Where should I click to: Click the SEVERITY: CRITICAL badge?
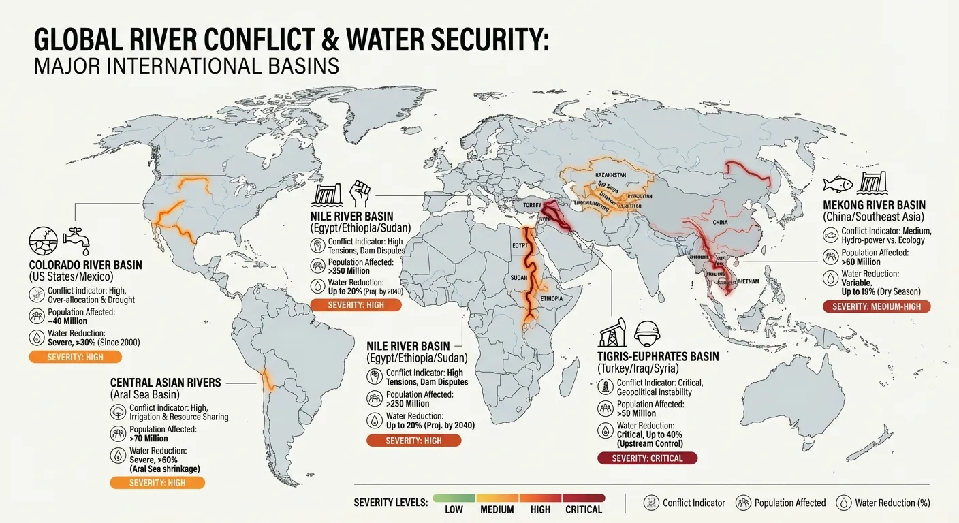click(647, 458)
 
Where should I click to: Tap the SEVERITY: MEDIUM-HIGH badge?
click(876, 306)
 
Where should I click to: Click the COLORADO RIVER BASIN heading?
click(86, 265)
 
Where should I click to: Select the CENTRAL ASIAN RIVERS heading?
click(166, 383)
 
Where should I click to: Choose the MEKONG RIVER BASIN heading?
click(874, 205)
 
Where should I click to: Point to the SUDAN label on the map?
click(518, 278)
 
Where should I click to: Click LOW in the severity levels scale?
click(454, 509)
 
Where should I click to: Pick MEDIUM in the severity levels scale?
click(497, 509)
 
